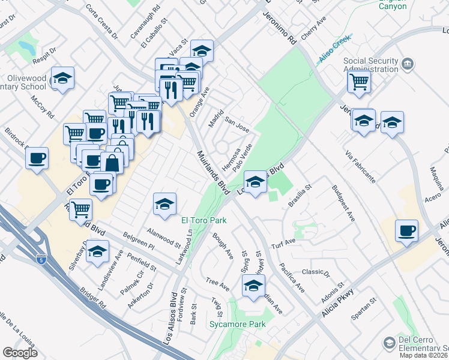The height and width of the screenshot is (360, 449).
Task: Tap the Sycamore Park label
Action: click(x=238, y=325)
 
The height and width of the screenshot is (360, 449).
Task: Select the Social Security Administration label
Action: click(x=370, y=65)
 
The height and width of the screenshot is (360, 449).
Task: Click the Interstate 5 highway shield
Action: click(x=40, y=260)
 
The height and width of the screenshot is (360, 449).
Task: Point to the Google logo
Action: click(x=20, y=353)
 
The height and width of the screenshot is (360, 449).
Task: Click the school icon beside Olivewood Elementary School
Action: click(x=62, y=79)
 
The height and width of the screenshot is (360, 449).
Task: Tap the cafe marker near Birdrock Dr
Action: click(x=37, y=158)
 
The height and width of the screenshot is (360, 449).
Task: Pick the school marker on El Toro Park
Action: click(x=164, y=204)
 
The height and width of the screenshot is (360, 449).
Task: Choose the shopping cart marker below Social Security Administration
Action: click(x=359, y=81)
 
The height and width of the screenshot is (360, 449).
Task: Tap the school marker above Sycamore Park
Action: click(x=253, y=285)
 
